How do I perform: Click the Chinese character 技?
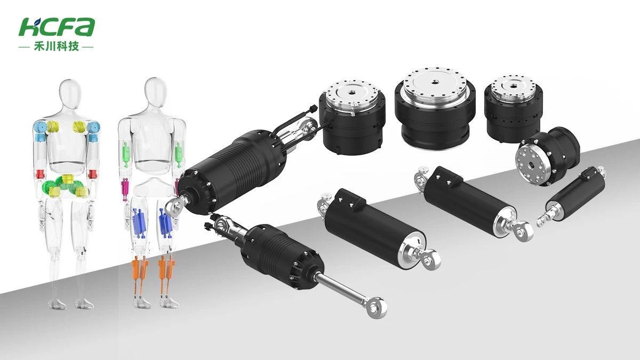[x=74, y=46]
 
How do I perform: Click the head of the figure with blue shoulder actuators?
[x=70, y=93]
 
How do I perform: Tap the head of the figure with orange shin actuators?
[x=155, y=91]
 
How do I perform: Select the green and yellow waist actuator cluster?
[x=66, y=186]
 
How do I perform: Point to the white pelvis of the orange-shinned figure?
[x=155, y=189]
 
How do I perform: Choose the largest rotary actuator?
[x=435, y=108]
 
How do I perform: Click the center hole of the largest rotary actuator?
[x=435, y=82]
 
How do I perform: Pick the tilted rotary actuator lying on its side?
[x=547, y=156]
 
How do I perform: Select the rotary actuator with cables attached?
[x=352, y=118]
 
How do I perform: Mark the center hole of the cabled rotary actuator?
[x=351, y=93]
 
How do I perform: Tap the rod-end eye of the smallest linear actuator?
[x=541, y=221]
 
